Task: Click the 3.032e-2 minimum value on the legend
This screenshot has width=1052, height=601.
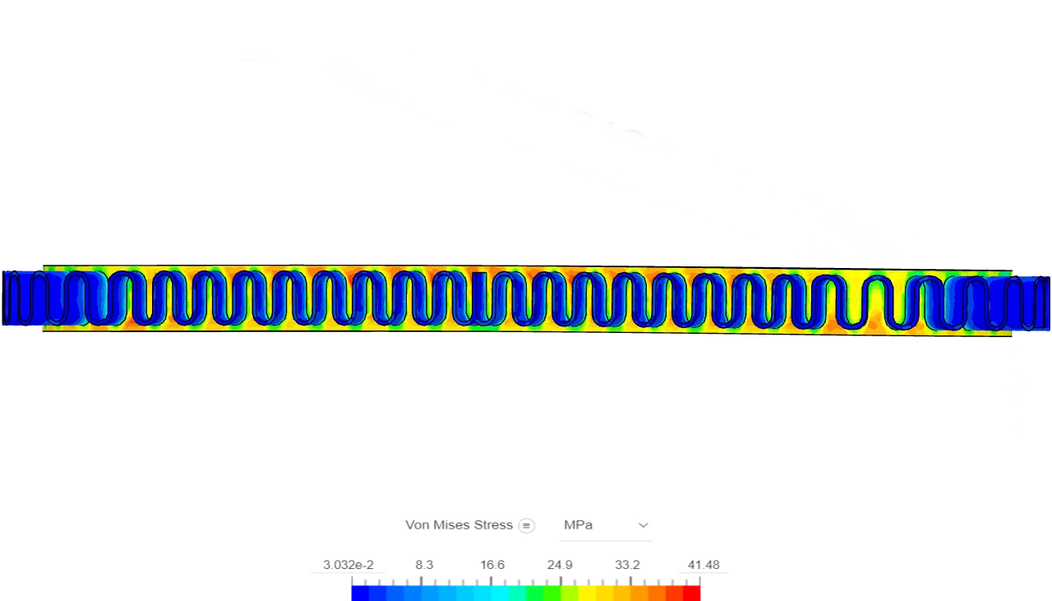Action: (x=348, y=565)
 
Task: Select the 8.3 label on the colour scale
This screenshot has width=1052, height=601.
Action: (x=424, y=565)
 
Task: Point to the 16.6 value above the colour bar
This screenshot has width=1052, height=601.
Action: (x=492, y=565)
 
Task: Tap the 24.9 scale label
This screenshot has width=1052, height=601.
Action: (x=560, y=565)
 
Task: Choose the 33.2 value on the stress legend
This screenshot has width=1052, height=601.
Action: (x=627, y=565)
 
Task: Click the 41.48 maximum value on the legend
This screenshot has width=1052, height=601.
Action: (x=704, y=565)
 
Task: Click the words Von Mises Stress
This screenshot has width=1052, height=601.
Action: (x=459, y=525)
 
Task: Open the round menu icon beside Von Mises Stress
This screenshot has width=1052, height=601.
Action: (x=527, y=525)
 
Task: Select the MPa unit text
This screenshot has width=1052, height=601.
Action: (x=578, y=525)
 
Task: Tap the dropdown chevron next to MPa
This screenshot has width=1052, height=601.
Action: (x=643, y=525)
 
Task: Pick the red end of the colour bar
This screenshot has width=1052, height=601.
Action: (x=694, y=591)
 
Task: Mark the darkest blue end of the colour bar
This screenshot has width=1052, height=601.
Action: (x=358, y=591)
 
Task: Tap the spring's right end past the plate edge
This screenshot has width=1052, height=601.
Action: (x=1034, y=300)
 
